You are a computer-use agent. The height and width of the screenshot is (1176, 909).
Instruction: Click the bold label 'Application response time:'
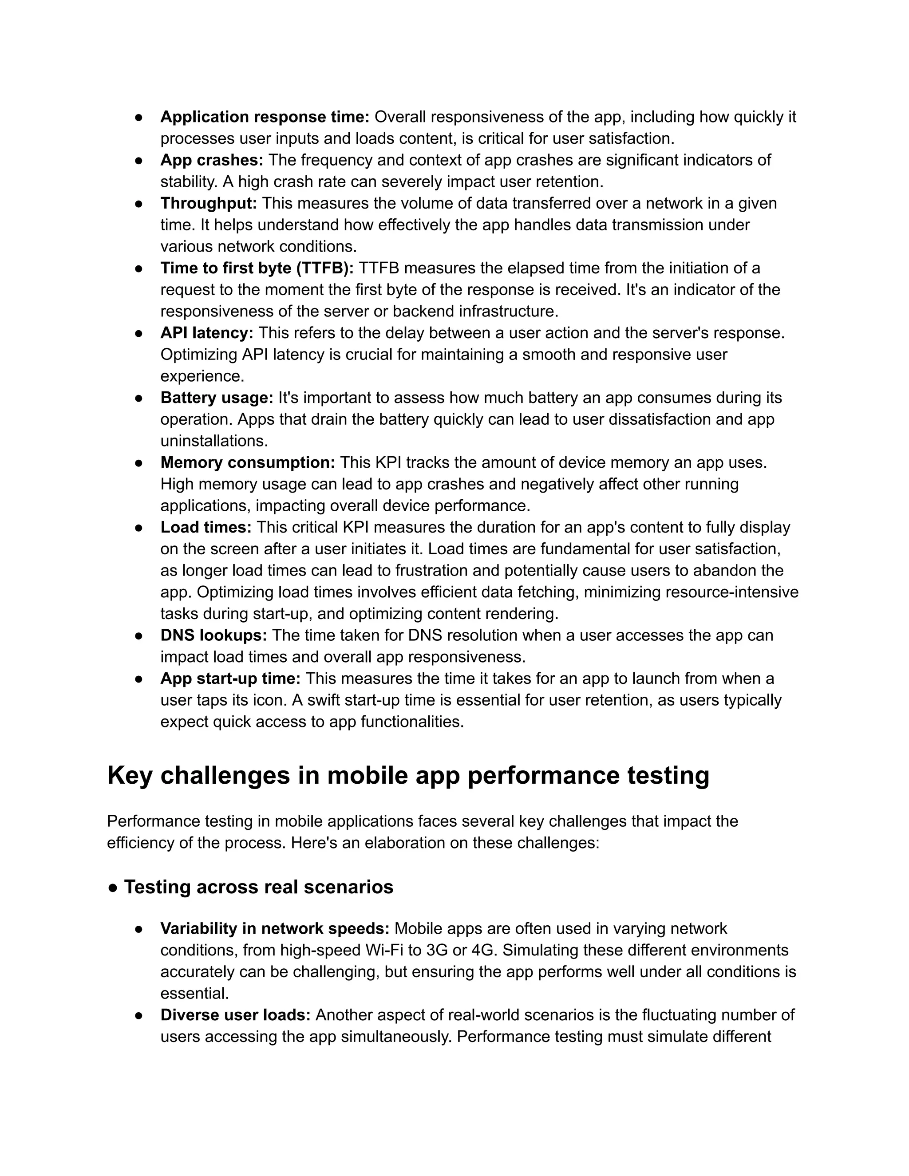pos(265,117)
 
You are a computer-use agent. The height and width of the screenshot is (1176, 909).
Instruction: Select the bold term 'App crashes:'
pos(212,160)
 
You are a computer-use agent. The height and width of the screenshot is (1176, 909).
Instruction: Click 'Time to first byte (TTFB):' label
pos(257,268)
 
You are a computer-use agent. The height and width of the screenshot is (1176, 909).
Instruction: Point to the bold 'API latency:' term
pos(207,333)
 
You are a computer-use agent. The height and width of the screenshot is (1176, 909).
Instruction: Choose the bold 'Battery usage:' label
pos(217,397)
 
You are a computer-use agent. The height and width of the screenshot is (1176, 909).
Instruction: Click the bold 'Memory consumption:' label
pos(248,462)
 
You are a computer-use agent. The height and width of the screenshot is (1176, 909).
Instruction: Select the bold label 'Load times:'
pos(206,527)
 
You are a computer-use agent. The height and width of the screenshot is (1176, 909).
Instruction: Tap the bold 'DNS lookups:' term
pos(213,635)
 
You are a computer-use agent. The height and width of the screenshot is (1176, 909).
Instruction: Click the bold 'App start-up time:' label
pos(230,678)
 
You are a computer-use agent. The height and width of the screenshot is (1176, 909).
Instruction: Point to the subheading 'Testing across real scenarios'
pos(258,887)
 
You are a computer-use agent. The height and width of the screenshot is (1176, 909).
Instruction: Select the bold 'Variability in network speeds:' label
pos(275,928)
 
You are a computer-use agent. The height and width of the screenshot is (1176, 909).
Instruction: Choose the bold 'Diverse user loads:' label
pos(235,1015)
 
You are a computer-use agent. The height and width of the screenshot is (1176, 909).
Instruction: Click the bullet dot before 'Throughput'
pos(138,204)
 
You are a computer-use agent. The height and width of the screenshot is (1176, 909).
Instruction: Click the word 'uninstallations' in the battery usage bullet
pos(214,441)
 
